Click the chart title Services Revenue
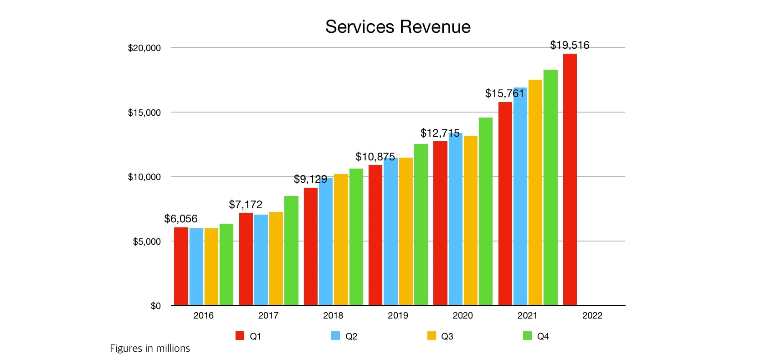[398, 27]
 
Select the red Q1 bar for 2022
[570, 180]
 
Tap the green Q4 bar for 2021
[550, 187]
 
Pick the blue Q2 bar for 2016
[196, 267]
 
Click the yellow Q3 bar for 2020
[471, 221]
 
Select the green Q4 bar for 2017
[291, 251]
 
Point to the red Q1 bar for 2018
[311, 247]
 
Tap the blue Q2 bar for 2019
[390, 231]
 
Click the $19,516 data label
[570, 45]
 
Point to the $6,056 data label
[181, 219]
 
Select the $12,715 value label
[440, 133]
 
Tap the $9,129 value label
[310, 179]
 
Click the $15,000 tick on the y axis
[144, 113]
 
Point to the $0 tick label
[156, 306]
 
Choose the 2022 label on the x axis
[592, 315]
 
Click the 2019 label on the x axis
[398, 315]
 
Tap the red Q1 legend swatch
[240, 336]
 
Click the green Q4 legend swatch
[527, 336]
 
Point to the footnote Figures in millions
[150, 349]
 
